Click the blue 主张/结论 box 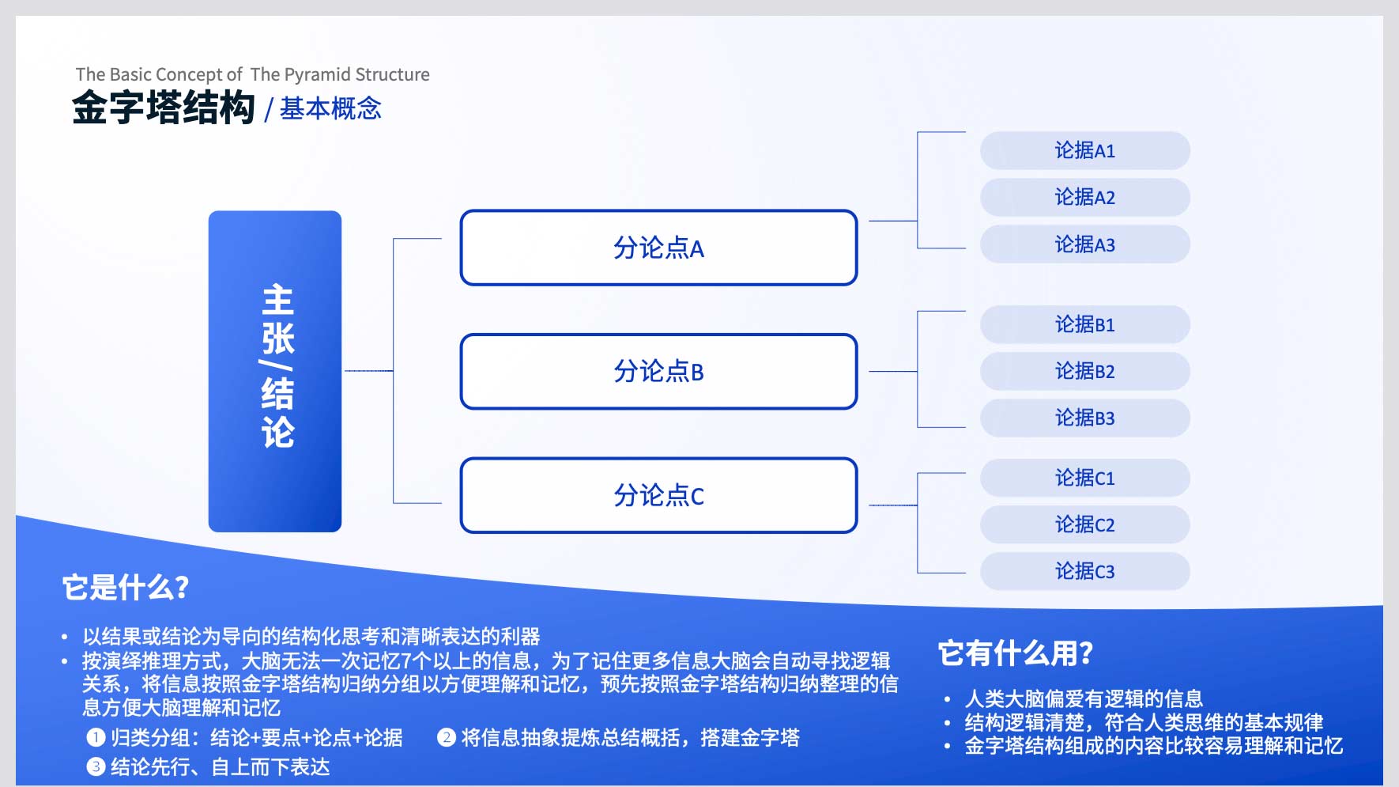click(275, 371)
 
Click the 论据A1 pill click(1085, 150)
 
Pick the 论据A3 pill click(1085, 244)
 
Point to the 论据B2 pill click(1085, 371)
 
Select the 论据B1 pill click(1085, 324)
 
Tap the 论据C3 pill click(1085, 571)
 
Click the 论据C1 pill click(1085, 478)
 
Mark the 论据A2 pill click(1085, 197)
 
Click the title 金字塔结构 click(164, 108)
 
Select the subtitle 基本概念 click(330, 108)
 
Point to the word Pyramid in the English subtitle click(317, 75)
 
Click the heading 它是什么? click(126, 588)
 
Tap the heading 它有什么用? click(1016, 653)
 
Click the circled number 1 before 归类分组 click(96, 738)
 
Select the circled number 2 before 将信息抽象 click(447, 738)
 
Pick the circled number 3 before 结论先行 click(96, 766)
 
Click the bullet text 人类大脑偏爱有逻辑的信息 click(1084, 698)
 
